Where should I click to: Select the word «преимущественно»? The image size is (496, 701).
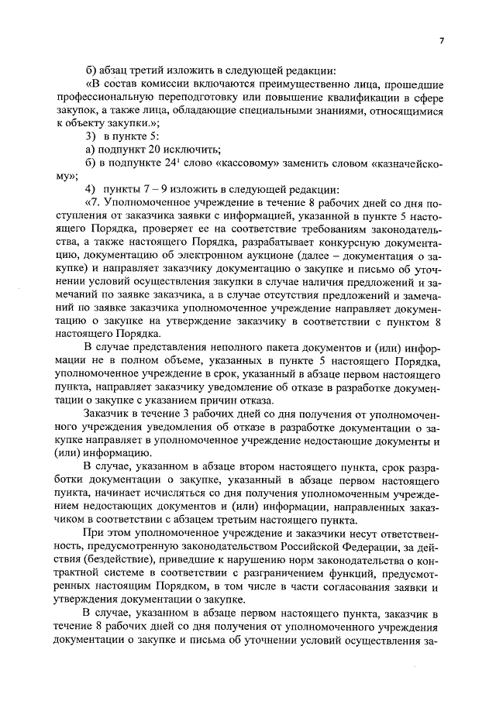pos(256,83)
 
